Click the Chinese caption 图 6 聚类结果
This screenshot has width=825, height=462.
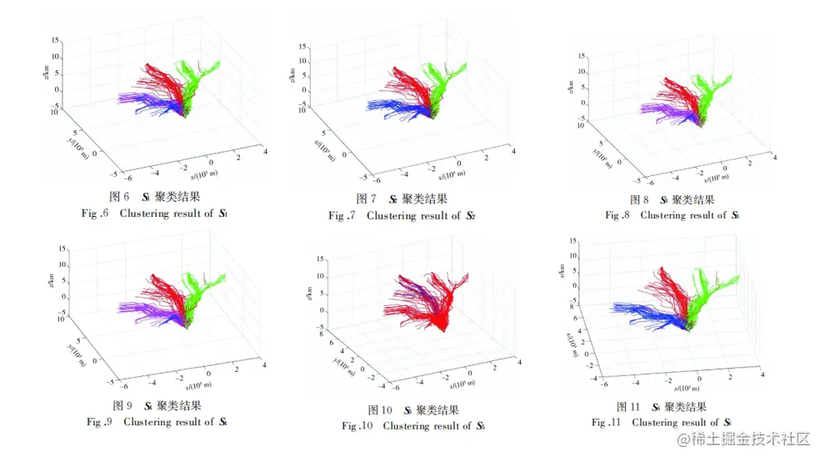click(x=156, y=197)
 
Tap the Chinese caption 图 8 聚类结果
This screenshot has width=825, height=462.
click(x=672, y=199)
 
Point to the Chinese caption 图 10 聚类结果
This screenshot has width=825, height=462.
click(x=413, y=409)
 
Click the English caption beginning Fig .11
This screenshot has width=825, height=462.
click(x=662, y=423)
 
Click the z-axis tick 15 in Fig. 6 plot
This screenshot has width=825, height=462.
click(x=54, y=40)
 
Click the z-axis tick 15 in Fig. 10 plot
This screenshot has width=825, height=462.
click(x=321, y=260)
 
